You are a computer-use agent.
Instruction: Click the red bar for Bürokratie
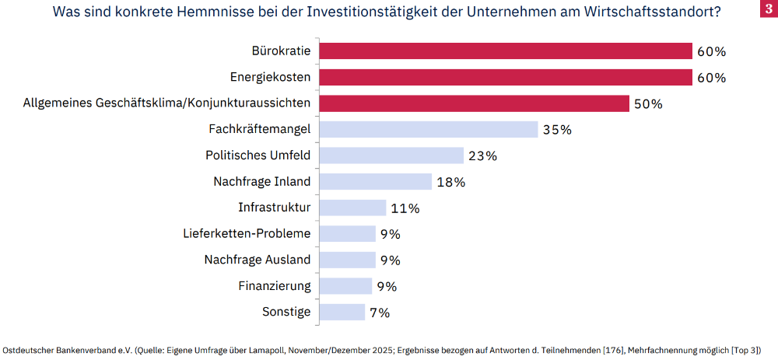tap(506, 51)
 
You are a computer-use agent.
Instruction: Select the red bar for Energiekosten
tap(506, 78)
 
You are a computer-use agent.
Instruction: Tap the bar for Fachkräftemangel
tap(429, 130)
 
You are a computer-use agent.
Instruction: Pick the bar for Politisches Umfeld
tap(391, 156)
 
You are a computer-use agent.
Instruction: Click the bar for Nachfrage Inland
tap(376, 182)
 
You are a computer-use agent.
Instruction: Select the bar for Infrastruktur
tap(352, 208)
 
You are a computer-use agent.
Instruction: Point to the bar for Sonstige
tap(342, 312)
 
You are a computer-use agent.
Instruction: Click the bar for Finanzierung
tap(345, 286)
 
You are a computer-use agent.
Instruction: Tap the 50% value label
tap(647, 104)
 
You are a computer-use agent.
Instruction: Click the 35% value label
tap(556, 130)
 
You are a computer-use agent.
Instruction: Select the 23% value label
tap(482, 156)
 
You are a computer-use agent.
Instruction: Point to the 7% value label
tap(379, 313)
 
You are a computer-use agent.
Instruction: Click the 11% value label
tap(405, 208)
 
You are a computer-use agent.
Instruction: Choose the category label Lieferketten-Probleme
tap(247, 233)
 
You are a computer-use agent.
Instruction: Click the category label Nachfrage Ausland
tap(258, 260)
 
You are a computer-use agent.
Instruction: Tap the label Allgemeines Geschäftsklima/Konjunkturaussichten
tap(167, 103)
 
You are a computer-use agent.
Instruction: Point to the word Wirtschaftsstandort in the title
tap(645, 12)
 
